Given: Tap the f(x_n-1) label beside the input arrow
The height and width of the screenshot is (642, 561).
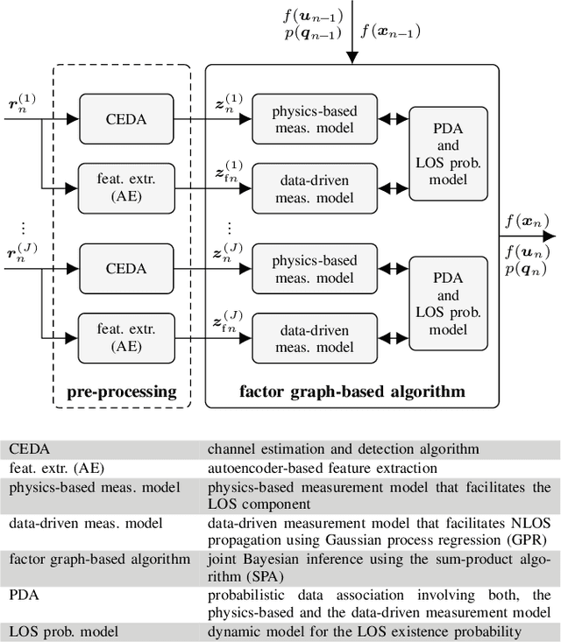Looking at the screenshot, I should (391, 32).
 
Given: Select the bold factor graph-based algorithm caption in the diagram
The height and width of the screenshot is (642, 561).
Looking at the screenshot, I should (352, 391).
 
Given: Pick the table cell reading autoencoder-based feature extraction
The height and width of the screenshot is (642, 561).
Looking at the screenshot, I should (322, 468).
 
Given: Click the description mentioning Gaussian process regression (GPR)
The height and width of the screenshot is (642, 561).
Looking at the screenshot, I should (379, 533).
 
